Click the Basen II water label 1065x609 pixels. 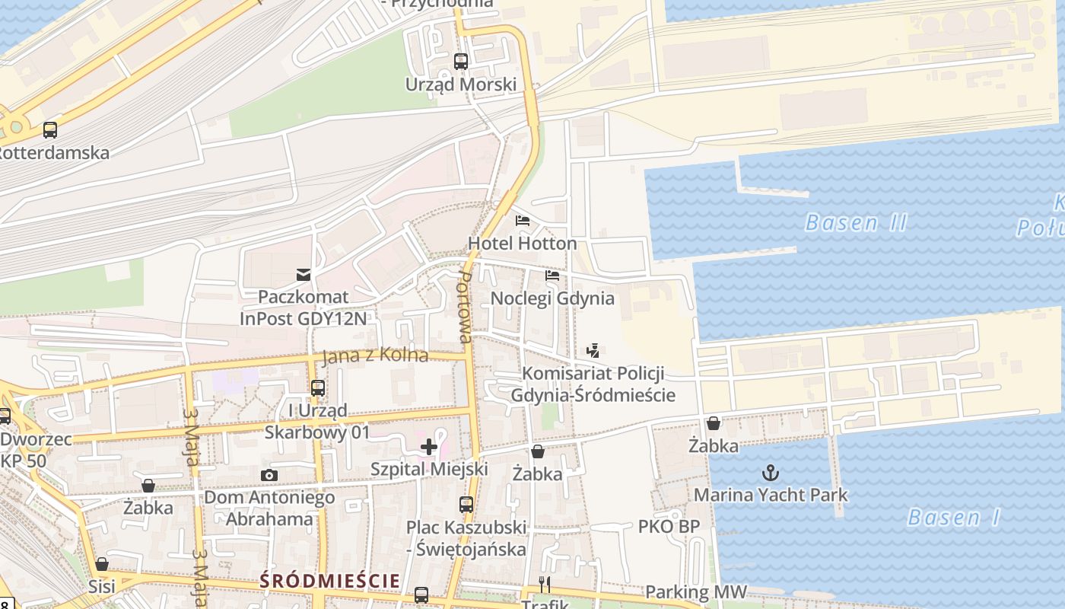tap(856, 223)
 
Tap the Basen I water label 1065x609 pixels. tap(953, 518)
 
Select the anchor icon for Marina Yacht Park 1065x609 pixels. tap(771, 473)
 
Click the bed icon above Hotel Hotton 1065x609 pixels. tap(523, 222)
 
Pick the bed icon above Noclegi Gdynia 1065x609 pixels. tap(552, 276)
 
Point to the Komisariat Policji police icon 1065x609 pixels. tap(593, 351)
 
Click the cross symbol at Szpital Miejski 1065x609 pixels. tap(429, 447)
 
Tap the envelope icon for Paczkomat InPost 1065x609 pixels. tap(304, 274)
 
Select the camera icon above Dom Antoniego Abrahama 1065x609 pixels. tap(269, 476)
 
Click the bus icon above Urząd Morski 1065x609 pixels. tap(461, 62)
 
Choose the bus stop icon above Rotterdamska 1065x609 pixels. tap(50, 130)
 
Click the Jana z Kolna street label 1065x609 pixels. tap(375, 356)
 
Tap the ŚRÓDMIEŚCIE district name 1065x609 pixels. tap(329, 581)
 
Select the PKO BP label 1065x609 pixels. tap(669, 527)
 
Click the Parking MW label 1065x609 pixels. tap(695, 592)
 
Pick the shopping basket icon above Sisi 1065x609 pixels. tap(102, 564)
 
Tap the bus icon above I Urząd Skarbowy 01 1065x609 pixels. tap(318, 388)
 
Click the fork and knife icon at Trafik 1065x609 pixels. tap(545, 585)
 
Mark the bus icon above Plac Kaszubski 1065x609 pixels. tap(466, 504)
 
